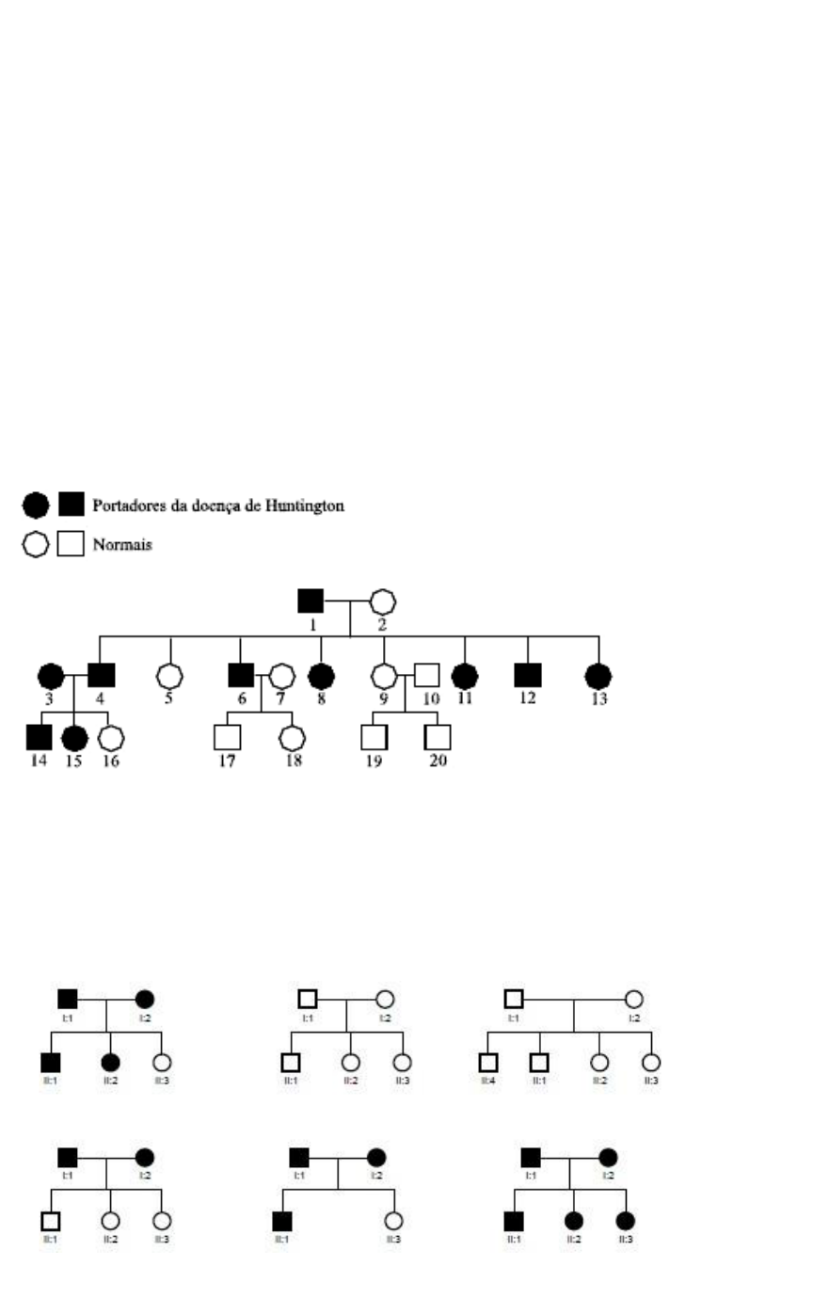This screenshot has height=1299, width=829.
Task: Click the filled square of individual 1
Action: pyautogui.click(x=311, y=600)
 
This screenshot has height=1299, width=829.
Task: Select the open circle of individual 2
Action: pyautogui.click(x=382, y=601)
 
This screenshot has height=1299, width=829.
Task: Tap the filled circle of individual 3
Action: pyautogui.click(x=51, y=675)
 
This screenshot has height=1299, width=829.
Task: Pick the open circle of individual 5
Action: pyautogui.click(x=169, y=676)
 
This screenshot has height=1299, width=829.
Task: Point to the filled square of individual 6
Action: pyautogui.click(x=241, y=675)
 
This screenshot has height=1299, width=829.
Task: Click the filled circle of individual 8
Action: pyautogui.click(x=322, y=675)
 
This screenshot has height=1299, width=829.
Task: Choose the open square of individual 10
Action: pyautogui.click(x=428, y=675)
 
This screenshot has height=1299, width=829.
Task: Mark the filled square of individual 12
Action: pyautogui.click(x=528, y=675)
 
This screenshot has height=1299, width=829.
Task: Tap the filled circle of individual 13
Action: pyautogui.click(x=598, y=675)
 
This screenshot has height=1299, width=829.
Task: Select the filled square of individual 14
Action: pyautogui.click(x=39, y=737)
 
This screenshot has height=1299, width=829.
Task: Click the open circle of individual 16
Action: pyautogui.click(x=111, y=738)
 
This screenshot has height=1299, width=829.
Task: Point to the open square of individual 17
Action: pyautogui.click(x=227, y=737)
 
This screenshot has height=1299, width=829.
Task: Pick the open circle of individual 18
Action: pyautogui.click(x=293, y=738)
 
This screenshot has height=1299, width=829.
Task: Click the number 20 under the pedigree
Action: pyautogui.click(x=438, y=761)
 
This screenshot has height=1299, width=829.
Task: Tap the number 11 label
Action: pyautogui.click(x=465, y=698)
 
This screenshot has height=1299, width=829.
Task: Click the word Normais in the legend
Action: pyautogui.click(x=121, y=544)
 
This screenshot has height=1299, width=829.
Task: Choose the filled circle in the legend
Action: pyautogui.click(x=36, y=505)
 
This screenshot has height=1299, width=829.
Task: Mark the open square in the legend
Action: pyautogui.click(x=71, y=544)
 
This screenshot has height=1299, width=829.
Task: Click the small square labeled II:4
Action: pyautogui.click(x=487, y=1063)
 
